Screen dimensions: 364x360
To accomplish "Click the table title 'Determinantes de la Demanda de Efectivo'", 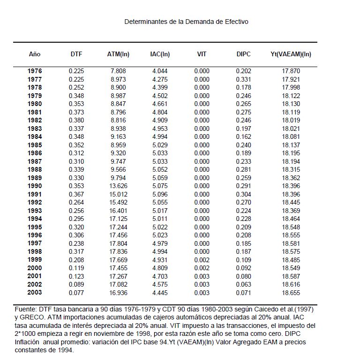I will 186,22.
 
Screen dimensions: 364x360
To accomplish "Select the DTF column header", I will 76,54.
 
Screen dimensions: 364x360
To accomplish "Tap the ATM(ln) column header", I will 118,54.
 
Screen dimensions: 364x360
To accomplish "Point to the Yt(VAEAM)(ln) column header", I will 291,54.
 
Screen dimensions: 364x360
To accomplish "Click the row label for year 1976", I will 35,71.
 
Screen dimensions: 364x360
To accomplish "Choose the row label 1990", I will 35,186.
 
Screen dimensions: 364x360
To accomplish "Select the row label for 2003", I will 35,292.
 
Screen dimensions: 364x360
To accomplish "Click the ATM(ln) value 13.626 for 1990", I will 118,186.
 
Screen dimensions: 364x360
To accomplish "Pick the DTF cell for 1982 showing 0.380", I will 76,121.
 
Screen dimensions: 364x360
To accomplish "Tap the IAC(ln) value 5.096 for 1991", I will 160,194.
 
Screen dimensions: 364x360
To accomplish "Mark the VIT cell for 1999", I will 202,259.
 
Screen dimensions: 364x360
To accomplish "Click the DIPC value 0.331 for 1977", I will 244,79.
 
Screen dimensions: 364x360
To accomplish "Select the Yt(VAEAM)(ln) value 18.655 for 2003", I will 291,292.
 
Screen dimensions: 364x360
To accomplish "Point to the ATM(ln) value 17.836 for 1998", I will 118,251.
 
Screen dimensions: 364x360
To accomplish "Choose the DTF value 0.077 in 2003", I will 76,292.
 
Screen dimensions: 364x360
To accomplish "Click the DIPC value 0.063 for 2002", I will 244,284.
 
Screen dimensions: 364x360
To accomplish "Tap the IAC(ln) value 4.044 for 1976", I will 160,71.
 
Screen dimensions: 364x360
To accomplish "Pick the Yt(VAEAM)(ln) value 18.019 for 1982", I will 291,121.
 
